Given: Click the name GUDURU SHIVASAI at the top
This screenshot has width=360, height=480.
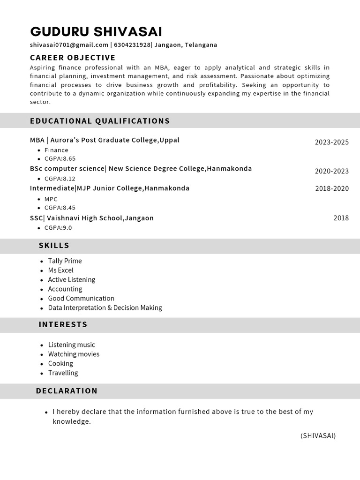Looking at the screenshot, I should tap(96, 32).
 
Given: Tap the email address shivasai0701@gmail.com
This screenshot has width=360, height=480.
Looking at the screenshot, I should tap(69, 45).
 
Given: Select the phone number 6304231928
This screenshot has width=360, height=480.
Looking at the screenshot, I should tap(132, 45).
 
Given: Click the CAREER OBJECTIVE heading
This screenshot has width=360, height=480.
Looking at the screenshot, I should tap(73, 58).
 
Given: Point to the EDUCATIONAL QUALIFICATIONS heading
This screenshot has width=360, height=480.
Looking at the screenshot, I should tap(100, 121).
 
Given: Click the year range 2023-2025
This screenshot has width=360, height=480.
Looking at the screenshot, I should tap(331, 142).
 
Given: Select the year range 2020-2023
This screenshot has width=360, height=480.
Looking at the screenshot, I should tap(331, 171).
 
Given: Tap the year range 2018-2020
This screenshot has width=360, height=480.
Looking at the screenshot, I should tap(331, 188).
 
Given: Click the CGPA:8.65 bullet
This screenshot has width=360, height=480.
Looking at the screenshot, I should tap(60, 159).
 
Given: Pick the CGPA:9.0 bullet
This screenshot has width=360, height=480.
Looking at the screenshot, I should tap(58, 228).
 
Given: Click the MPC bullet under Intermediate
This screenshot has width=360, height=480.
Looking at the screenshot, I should tap(51, 199).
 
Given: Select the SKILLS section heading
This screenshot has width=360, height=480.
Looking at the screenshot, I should tap(54, 246).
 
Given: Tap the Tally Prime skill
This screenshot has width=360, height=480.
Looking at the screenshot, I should tap(65, 261).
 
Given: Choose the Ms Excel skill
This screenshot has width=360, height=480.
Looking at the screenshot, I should tap(60, 270).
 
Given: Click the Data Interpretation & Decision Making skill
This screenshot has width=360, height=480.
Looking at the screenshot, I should tap(105, 308).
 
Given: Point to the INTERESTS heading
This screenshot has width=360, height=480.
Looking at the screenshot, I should tap(63, 324).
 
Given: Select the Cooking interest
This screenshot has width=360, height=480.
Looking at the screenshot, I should tap(60, 364).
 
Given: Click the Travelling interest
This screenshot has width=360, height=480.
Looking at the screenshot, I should tap(63, 373).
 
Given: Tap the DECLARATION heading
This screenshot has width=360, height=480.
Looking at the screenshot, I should tap(67, 391).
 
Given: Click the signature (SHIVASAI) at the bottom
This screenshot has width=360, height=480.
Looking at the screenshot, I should tap(318, 436).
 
